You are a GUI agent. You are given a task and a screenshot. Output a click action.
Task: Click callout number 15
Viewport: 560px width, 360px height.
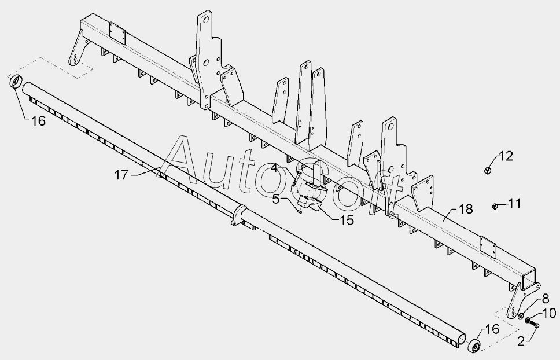tap(277, 200)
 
